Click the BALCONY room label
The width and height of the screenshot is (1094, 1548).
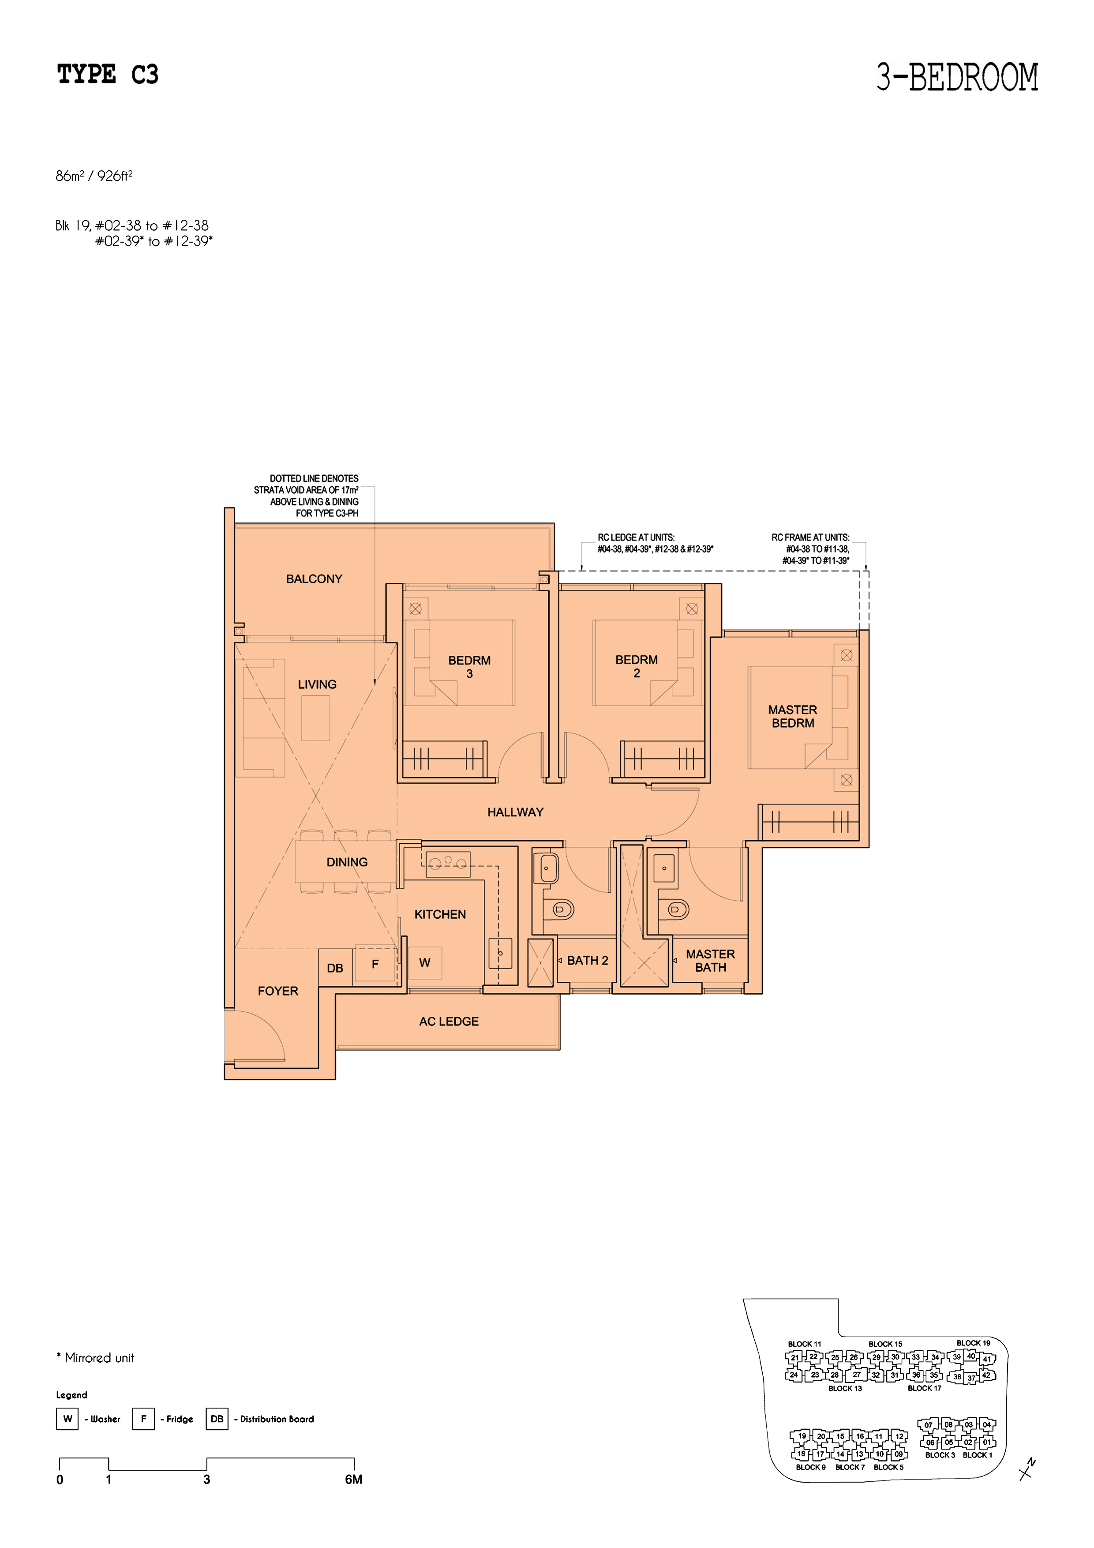(x=314, y=579)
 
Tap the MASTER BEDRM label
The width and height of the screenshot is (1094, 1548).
(x=793, y=717)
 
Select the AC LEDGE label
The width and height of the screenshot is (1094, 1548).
(x=449, y=1022)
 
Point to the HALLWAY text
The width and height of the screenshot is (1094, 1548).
(x=516, y=812)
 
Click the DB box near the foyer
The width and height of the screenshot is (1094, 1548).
(x=335, y=968)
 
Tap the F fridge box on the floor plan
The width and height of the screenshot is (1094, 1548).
(x=375, y=964)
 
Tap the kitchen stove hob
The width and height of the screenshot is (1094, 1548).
(x=448, y=864)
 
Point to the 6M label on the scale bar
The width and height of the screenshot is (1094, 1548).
(x=354, y=1479)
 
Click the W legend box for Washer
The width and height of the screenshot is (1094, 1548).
(x=67, y=1419)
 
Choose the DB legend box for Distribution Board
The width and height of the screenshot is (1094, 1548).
(x=217, y=1419)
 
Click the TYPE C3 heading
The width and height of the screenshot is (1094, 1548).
(x=108, y=74)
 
